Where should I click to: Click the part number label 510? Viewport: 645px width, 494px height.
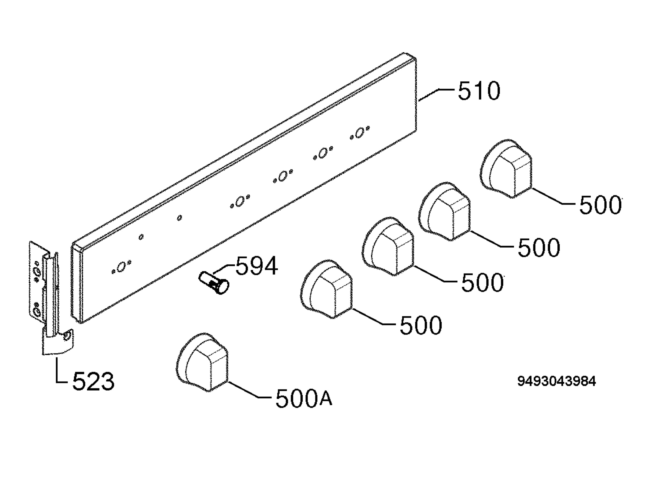point(479,91)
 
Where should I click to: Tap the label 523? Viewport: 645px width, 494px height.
point(93,381)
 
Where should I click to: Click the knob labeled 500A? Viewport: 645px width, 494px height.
point(202,362)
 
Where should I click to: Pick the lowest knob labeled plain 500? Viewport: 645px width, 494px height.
point(327,289)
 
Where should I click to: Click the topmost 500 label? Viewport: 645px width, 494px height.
point(600,205)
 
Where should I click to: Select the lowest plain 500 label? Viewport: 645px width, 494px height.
point(421,325)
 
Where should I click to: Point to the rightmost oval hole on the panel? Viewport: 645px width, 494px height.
point(359,133)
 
